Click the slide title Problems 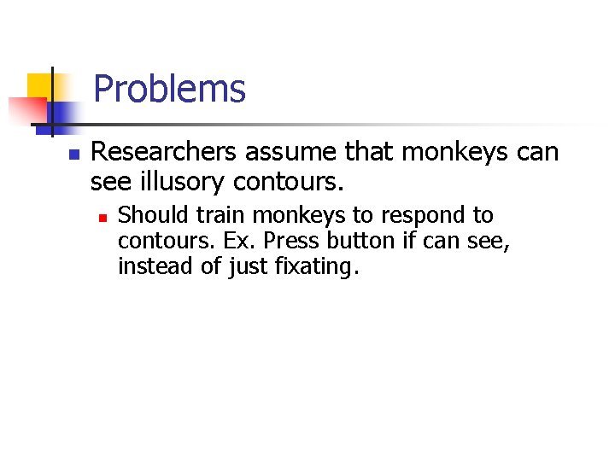tap(169, 89)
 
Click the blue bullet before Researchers tap(73, 155)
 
